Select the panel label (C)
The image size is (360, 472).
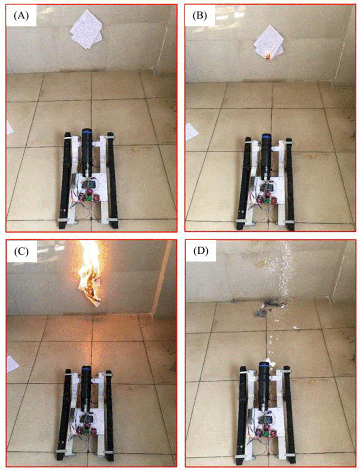[21, 252]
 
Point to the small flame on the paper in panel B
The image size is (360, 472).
[268, 56]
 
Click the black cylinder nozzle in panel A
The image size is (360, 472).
[87, 151]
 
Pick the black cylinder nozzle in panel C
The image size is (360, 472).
[86, 389]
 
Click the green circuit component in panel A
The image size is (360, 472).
[88, 198]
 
